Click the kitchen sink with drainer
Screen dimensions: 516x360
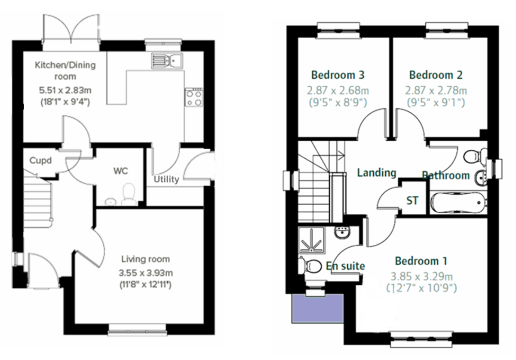pyautogui.click(x=167, y=61)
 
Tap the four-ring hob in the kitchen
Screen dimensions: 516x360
pyautogui.click(x=194, y=97)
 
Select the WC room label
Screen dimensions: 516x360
pyautogui.click(x=121, y=171)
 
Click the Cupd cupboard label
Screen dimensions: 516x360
pyautogui.click(x=40, y=160)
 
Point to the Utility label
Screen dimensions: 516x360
pyautogui.click(x=166, y=179)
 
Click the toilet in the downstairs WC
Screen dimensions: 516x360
pyautogui.click(x=129, y=194)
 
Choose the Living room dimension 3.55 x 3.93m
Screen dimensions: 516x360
pyautogui.click(x=146, y=273)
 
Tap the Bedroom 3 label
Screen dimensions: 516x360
pyautogui.click(x=338, y=75)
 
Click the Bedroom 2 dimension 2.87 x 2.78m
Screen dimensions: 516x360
pyautogui.click(x=436, y=91)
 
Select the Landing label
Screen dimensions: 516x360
pyautogui.click(x=377, y=172)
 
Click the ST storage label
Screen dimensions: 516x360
pyautogui.click(x=412, y=201)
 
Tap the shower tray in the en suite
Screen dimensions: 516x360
pyautogui.click(x=311, y=240)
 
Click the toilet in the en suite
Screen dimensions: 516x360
pyautogui.click(x=310, y=266)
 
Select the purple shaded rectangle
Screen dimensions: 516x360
pyautogui.click(x=318, y=308)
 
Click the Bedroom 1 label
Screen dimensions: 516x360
pyautogui.click(x=421, y=261)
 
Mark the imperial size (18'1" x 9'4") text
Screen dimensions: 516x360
pyautogui.click(x=65, y=102)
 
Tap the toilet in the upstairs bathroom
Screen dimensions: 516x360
pyautogui.click(x=475, y=157)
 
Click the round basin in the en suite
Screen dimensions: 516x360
pyautogui.click(x=343, y=232)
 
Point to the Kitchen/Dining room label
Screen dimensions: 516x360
pyautogui.click(x=65, y=71)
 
